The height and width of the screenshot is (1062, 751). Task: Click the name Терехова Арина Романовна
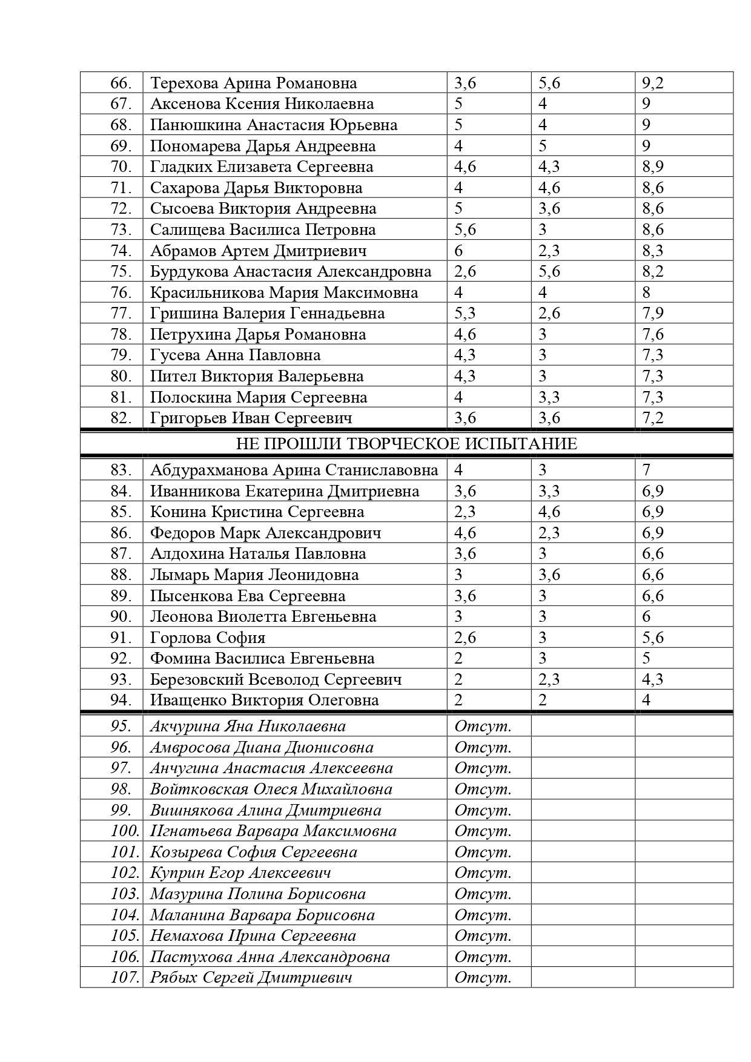click(x=253, y=83)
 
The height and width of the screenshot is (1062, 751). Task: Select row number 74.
click(x=121, y=251)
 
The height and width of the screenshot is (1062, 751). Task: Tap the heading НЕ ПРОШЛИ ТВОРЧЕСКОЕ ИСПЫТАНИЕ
click(x=406, y=444)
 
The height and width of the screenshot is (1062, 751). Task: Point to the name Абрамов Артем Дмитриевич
click(x=258, y=251)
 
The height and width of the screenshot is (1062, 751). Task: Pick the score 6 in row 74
click(x=458, y=251)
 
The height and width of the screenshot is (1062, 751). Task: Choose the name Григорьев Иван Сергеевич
click(x=251, y=418)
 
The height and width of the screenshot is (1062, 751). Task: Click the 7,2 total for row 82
click(x=653, y=418)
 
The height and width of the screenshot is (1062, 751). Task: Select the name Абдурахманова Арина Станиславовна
click(x=294, y=470)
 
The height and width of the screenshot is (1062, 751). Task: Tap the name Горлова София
click(x=208, y=638)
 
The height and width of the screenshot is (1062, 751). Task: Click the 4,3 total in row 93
click(x=653, y=679)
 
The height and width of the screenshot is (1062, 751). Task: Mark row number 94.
click(x=121, y=701)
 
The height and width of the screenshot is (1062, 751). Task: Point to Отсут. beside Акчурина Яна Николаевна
click(x=483, y=727)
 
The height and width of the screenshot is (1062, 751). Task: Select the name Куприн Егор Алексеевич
click(x=240, y=873)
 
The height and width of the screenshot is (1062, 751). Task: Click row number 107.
click(x=125, y=977)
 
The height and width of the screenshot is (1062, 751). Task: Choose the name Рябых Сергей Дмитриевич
click(x=251, y=977)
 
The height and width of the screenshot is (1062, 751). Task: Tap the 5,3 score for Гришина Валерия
click(x=465, y=314)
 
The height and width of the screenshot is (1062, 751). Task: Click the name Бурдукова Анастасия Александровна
click(x=291, y=272)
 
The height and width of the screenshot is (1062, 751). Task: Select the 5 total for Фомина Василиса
click(x=646, y=659)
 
